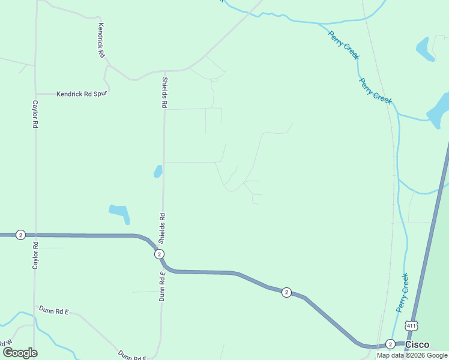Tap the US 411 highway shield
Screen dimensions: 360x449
(411, 326)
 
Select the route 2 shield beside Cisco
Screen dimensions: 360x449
(390, 344)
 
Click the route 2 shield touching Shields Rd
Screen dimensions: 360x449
(159, 254)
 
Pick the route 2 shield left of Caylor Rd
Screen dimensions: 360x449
(20, 235)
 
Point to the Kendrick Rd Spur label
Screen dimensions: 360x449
(83, 94)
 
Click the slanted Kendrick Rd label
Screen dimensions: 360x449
(101, 40)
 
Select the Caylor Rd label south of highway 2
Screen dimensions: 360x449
(35, 256)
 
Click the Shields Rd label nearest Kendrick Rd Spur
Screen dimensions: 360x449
(163, 92)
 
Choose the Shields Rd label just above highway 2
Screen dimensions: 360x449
(161, 228)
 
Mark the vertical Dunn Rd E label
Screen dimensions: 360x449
(161, 286)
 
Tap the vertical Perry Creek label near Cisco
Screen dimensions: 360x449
(402, 292)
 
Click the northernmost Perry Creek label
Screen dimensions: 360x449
(343, 45)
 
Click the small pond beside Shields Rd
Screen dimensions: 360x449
(158, 172)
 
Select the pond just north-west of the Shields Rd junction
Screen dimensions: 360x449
(119, 212)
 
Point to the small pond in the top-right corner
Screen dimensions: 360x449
(425, 49)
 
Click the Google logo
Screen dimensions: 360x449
(20, 353)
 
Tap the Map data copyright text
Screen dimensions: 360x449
(412, 355)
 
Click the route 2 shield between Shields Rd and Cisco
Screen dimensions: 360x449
(287, 292)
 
